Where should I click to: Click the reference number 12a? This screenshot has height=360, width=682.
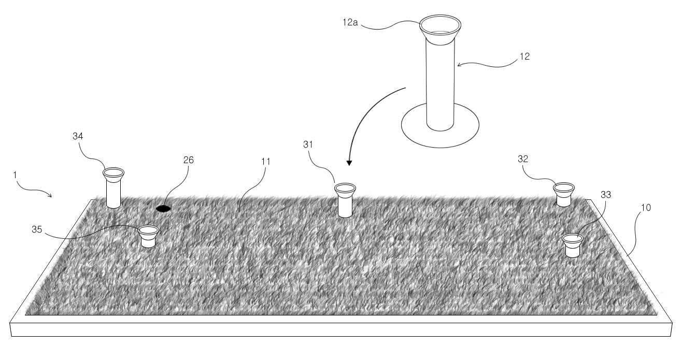350,22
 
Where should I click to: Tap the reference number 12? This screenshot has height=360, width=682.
524,56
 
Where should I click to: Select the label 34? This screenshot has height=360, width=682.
78,136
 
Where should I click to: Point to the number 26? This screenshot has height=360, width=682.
189,160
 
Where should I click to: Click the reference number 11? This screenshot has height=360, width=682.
266,161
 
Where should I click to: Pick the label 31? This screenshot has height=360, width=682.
308,144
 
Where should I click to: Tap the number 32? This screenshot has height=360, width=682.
523,159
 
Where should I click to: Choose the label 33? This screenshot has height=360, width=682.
606,194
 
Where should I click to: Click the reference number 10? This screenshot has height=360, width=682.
646,208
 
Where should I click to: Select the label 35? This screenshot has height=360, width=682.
37,229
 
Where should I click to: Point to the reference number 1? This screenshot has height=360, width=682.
15,175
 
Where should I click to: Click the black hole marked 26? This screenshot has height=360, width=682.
163,208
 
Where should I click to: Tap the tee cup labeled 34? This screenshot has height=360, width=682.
113,188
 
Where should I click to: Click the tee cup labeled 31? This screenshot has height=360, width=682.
345,200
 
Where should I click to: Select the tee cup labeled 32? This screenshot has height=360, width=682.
564,194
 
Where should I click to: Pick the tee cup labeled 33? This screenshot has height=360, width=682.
572,246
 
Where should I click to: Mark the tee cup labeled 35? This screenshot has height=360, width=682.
148,236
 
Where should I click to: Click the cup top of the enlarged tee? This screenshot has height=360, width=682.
441,30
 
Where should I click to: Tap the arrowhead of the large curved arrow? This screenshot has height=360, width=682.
349,163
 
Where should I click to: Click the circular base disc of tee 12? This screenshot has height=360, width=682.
441,140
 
